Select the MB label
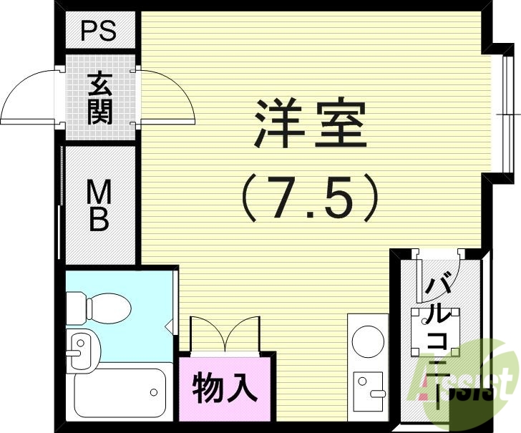click(x=99, y=205)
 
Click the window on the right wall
click(x=505, y=114)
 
